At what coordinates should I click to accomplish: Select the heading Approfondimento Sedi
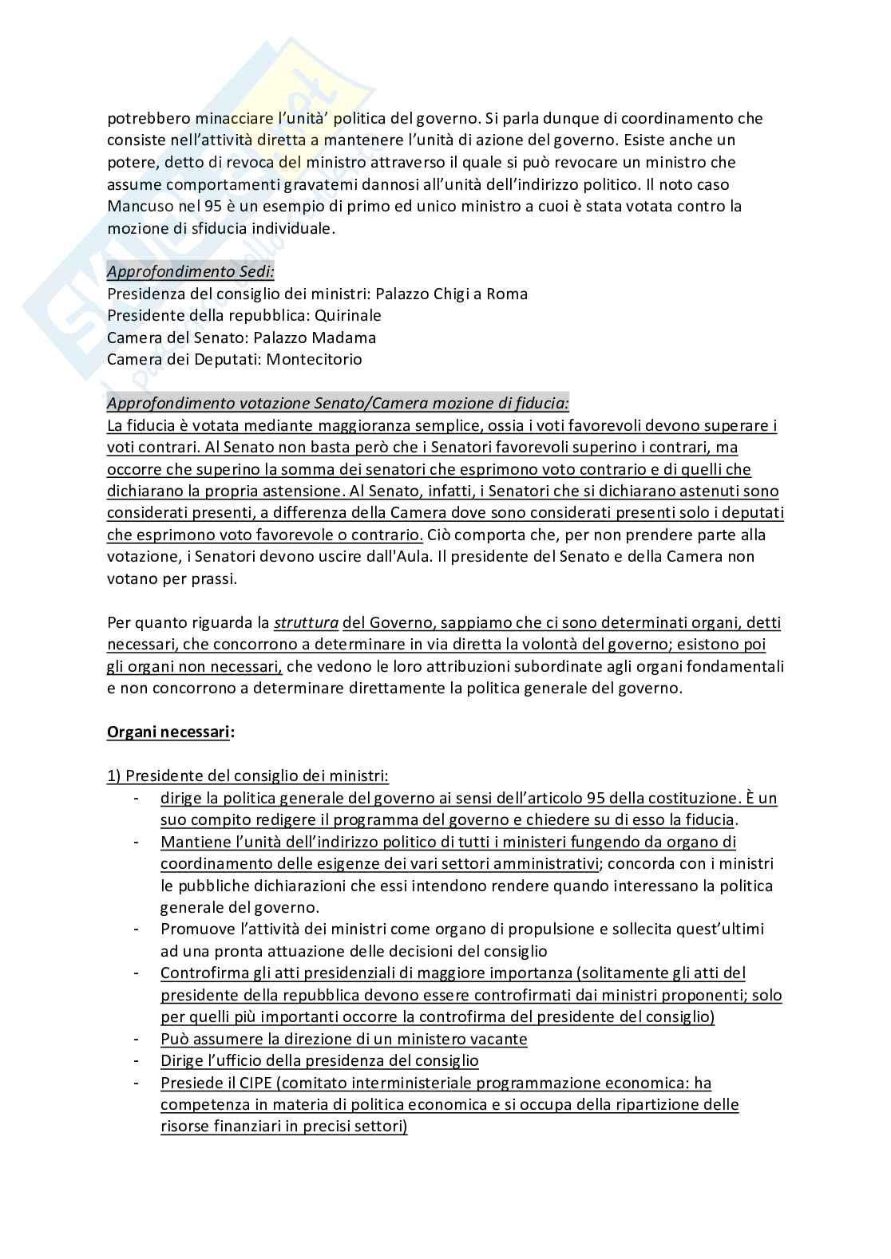(x=191, y=271)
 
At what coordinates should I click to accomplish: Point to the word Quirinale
(x=348, y=315)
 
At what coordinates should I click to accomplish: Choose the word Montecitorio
(x=314, y=359)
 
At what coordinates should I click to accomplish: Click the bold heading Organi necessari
(x=168, y=732)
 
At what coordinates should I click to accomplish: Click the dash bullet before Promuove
(x=137, y=929)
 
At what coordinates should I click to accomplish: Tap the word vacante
(x=497, y=1039)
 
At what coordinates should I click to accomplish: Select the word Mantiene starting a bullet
(x=192, y=842)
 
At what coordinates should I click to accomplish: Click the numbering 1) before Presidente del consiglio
(x=114, y=776)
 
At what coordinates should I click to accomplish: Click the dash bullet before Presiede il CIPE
(x=137, y=1083)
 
